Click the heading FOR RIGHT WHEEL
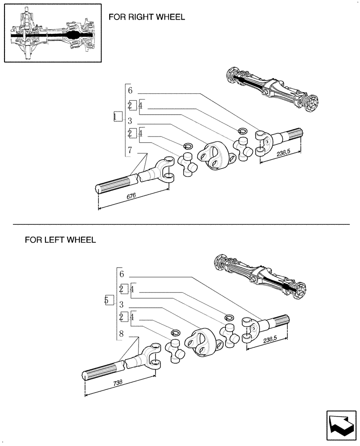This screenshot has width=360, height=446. pyautogui.click(x=147, y=17)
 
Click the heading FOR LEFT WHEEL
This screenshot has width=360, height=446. pyautogui.click(x=60, y=240)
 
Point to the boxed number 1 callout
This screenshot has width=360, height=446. pyautogui.click(x=117, y=116)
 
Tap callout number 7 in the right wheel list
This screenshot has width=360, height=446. pyautogui.click(x=130, y=150)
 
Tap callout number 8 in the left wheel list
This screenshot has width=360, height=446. pyautogui.click(x=121, y=334)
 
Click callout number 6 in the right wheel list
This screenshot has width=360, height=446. pyautogui.click(x=130, y=91)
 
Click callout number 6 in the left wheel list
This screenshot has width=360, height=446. pyautogui.click(x=121, y=274)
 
